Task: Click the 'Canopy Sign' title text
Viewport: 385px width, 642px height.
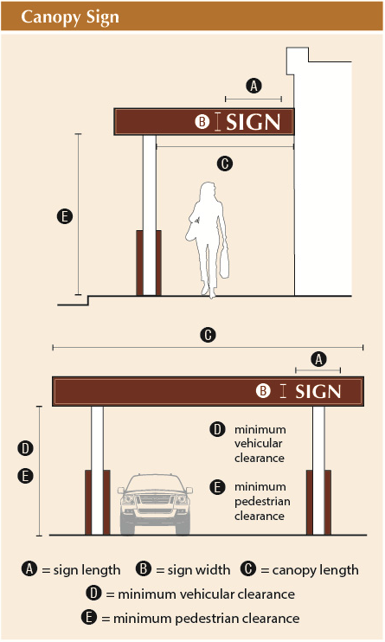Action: tap(70, 17)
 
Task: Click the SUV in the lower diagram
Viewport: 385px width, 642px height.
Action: tap(155, 504)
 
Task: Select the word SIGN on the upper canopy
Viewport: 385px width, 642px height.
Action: tap(253, 122)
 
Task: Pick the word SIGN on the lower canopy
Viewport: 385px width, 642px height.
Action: tap(318, 392)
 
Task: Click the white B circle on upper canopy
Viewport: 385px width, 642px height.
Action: tap(202, 122)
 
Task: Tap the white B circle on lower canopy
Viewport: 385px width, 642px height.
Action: tap(263, 390)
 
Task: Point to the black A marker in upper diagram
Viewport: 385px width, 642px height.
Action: tap(254, 86)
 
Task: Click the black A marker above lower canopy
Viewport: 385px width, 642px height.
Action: tap(318, 359)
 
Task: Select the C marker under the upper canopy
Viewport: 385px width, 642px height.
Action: tap(225, 164)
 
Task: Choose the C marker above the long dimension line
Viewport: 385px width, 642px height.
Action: tap(208, 335)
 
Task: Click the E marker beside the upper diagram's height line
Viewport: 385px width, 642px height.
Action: tap(65, 216)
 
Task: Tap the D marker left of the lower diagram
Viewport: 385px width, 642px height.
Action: tap(25, 448)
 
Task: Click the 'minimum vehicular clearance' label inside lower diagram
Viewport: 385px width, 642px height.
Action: tap(260, 443)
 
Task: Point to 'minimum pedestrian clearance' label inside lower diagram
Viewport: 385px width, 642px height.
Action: tap(262, 501)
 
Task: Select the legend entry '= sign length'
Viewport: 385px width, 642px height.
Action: tap(81, 570)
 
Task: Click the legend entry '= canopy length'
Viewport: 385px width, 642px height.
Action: tap(310, 570)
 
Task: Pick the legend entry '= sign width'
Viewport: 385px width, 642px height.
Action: tap(193, 570)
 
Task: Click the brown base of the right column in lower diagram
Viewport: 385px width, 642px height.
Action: tap(318, 503)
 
